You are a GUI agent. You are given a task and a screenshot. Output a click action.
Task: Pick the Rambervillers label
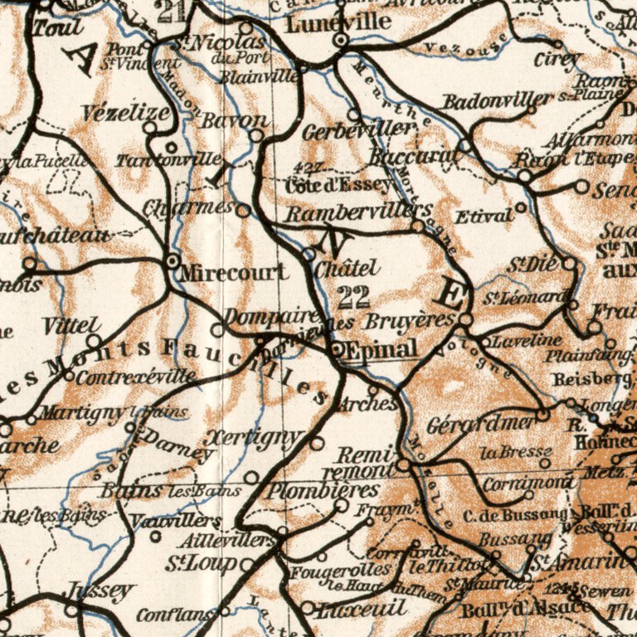[358, 212]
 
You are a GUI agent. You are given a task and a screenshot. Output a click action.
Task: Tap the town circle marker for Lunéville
[340, 39]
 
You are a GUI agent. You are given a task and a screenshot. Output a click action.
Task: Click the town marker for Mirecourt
[173, 261]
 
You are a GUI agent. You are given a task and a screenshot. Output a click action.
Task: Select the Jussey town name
[100, 591]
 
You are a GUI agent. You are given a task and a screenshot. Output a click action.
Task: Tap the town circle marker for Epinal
[335, 349]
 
